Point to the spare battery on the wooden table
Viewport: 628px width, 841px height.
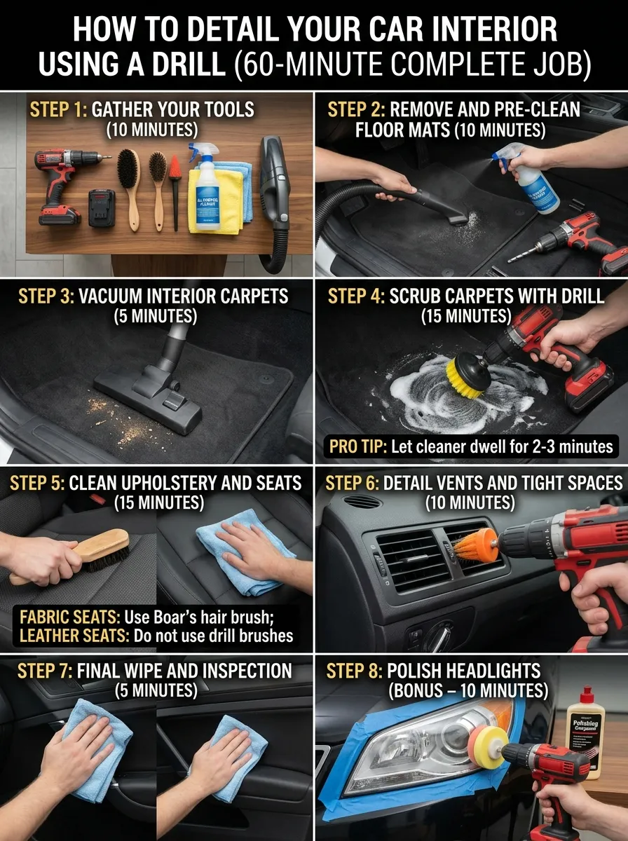(x=101, y=207)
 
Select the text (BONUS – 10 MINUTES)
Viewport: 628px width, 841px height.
(x=467, y=691)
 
